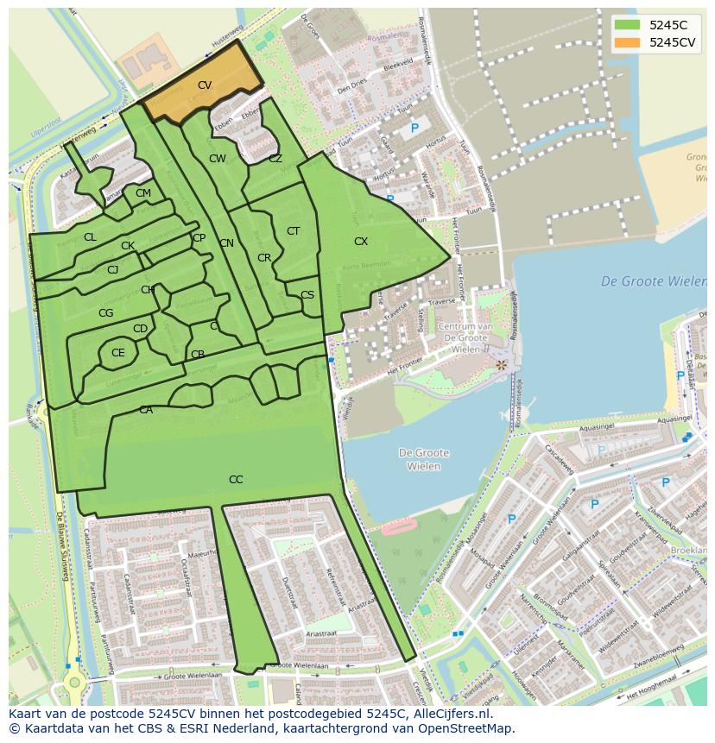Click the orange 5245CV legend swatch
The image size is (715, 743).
[628, 42]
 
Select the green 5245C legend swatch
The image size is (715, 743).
[628, 24]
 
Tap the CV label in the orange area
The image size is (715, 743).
[205, 85]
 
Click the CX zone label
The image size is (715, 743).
[361, 242]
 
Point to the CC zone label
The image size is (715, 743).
[236, 480]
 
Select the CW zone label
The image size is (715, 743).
[218, 159]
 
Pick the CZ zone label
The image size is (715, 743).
[275, 159]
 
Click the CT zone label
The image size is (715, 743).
[293, 231]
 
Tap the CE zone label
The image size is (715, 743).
[118, 353]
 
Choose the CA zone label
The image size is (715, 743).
[146, 411]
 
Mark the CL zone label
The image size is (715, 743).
[90, 237]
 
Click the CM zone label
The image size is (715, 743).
[143, 193]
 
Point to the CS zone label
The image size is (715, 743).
[307, 295]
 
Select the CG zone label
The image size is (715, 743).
[106, 313]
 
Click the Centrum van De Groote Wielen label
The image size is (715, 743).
[465, 337]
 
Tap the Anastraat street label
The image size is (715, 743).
[321, 633]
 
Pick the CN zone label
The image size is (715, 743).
[226, 243]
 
